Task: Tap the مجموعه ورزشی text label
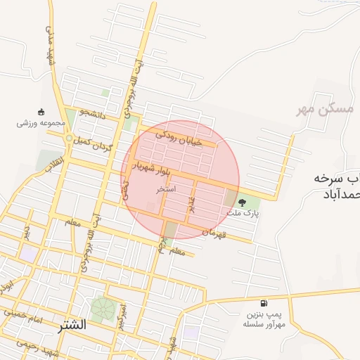41,123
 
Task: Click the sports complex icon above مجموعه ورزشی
41,112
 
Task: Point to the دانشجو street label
92,115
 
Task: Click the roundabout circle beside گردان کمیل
68,139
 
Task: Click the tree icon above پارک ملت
243,200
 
